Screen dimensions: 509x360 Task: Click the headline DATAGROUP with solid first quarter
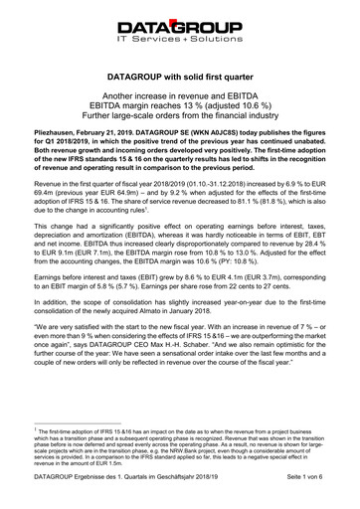click(x=180, y=75)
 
